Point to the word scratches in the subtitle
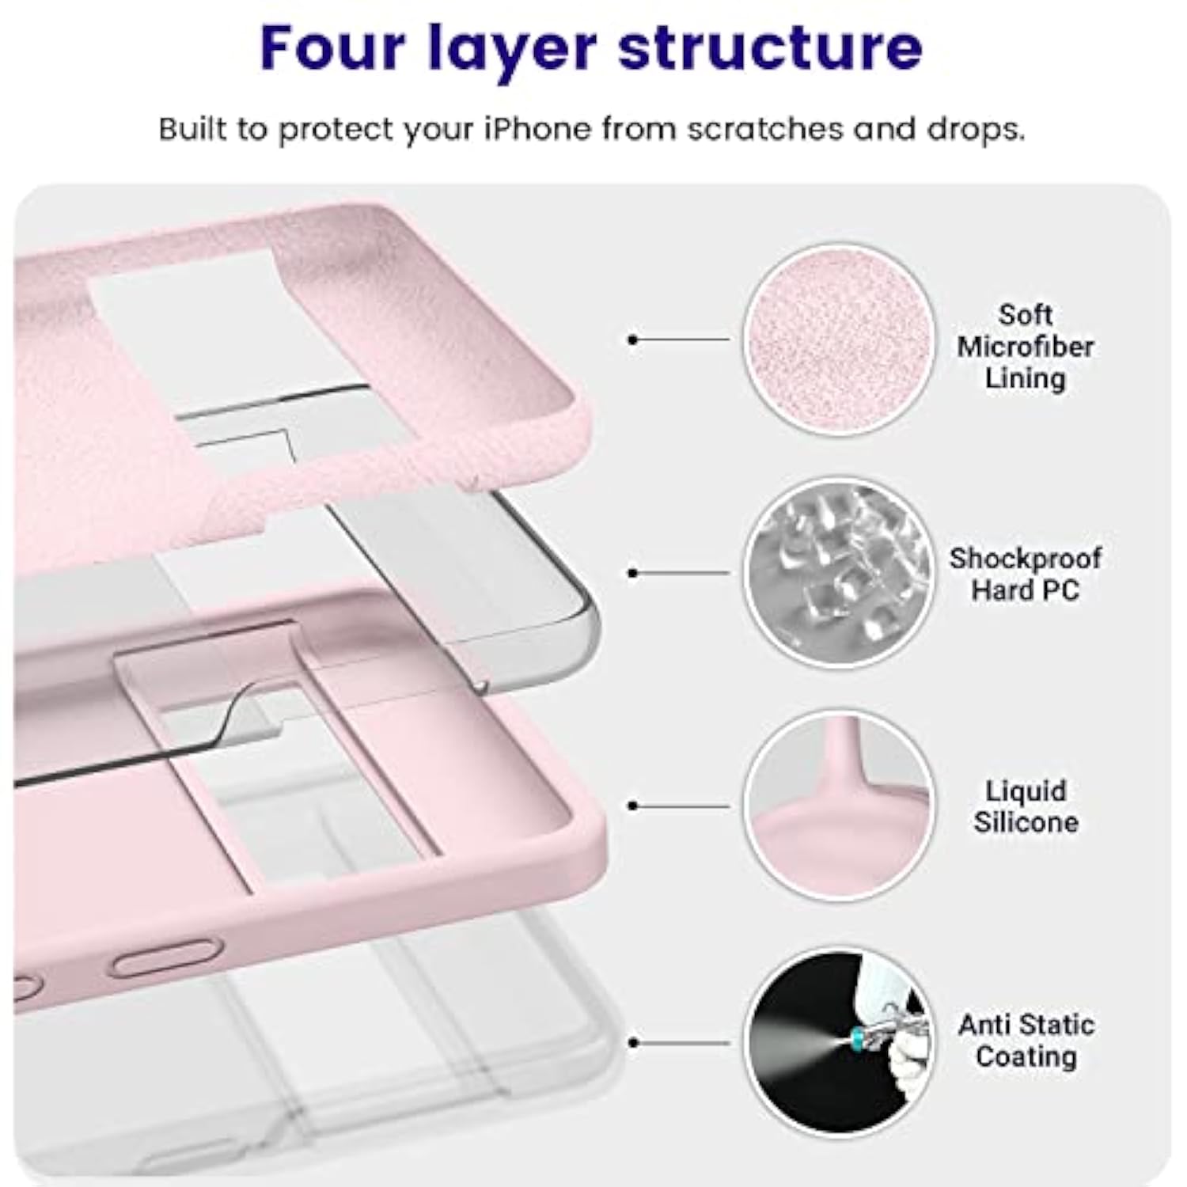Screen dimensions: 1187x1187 (764, 129)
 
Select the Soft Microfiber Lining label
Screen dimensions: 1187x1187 (1025, 347)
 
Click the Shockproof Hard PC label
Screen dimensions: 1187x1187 (1025, 574)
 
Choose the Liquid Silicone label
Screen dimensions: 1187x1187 (1025, 806)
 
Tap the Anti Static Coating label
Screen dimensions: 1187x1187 (1026, 1041)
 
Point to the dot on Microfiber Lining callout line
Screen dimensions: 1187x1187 (632, 339)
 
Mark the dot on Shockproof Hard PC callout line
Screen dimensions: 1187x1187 (632, 573)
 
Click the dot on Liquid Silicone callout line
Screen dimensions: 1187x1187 (632, 806)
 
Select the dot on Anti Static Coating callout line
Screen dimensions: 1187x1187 (632, 1043)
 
